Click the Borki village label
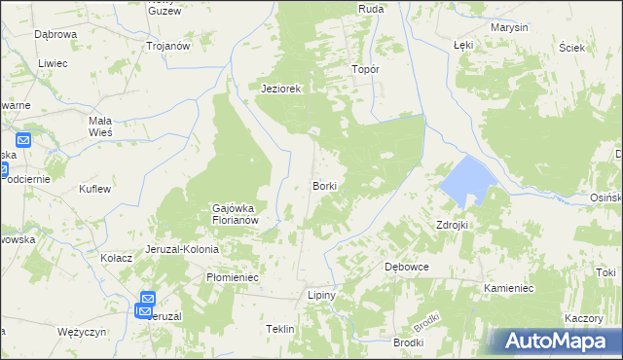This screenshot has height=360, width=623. point(325,185)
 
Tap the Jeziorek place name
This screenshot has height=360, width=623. point(282,89)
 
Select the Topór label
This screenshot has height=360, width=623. point(365,70)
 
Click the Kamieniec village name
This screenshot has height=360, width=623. point(509,289)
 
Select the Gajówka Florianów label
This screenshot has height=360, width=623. point(234,213)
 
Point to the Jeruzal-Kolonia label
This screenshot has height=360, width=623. point(182,249)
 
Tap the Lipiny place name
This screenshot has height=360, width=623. point(321,295)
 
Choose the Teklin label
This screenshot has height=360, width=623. point(279,330)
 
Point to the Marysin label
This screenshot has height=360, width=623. point(509,27)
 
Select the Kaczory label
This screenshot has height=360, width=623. point(584,319)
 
